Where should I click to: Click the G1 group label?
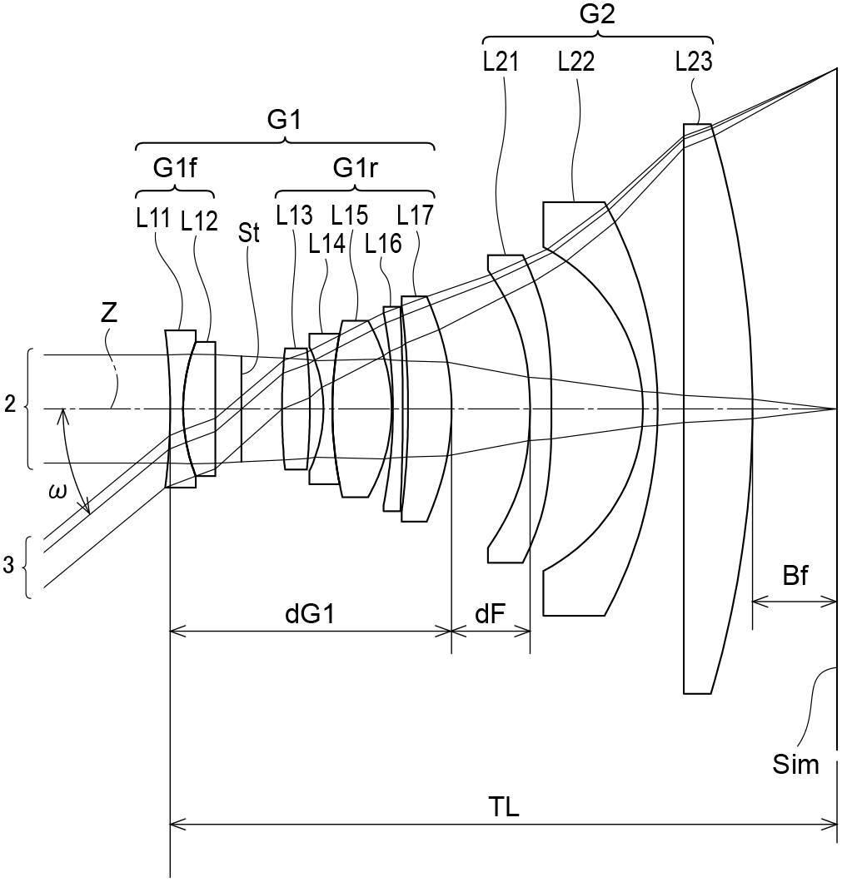(283, 120)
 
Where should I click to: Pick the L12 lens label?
(199, 220)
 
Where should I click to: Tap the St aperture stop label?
(248, 232)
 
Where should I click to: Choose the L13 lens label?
(294, 216)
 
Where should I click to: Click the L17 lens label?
(415, 216)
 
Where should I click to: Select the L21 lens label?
(501, 62)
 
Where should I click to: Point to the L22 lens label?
(576, 62)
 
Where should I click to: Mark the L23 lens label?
(694, 62)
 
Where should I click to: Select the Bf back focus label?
(795, 576)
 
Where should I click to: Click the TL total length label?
(502, 806)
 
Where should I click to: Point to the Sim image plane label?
(796, 764)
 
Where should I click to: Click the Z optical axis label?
(108, 314)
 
